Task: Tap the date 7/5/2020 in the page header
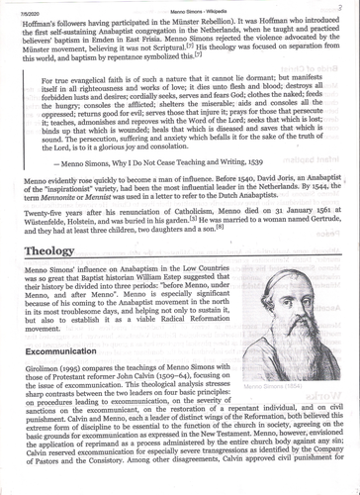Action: click(x=28, y=5)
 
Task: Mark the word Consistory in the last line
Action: click(x=134, y=486)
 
